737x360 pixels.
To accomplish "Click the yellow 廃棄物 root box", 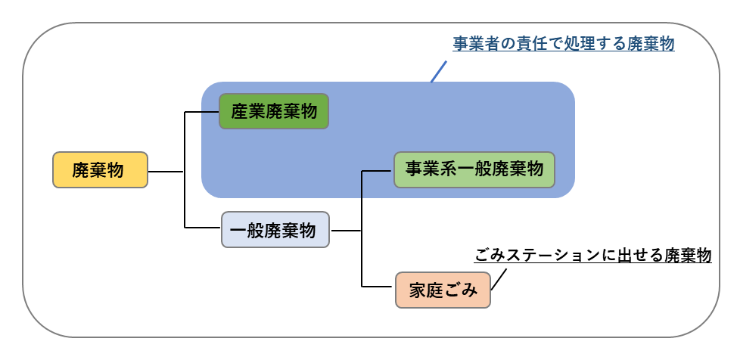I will coord(98,170).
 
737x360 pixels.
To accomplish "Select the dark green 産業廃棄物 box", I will coord(274,111).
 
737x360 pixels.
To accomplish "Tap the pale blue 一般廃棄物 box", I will coord(275,229).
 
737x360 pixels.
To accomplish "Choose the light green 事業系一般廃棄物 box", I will coord(474,170).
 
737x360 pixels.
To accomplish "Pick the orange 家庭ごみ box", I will coord(443,289).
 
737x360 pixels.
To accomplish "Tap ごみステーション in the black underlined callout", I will coord(537,255).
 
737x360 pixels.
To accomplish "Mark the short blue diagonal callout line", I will coord(438,71).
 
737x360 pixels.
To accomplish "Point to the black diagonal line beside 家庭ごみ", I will coord(499,279).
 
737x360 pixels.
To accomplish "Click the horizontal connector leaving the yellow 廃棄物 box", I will coord(165,172).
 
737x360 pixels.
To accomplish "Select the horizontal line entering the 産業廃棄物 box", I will coord(201,113).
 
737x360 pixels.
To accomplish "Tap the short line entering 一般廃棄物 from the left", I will coord(203,228).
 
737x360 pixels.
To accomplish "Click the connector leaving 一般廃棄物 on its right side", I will coord(347,230).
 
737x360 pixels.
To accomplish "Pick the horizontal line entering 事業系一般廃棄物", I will coord(378,171).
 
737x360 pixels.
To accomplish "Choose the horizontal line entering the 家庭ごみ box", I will coord(378,287).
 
